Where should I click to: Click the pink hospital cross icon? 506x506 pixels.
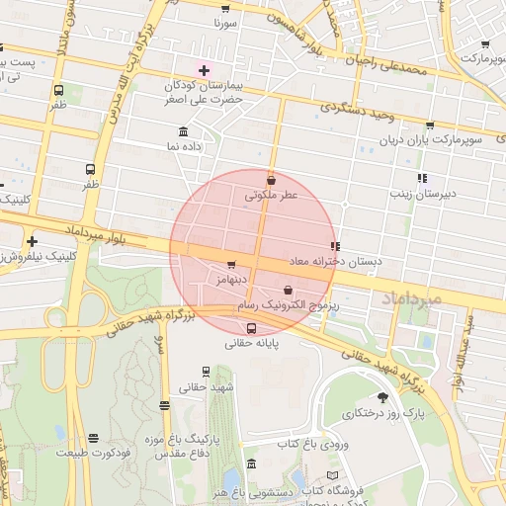click(x=205, y=70)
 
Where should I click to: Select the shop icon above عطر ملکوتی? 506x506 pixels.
click(x=272, y=180)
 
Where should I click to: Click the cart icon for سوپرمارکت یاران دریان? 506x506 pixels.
click(x=429, y=126)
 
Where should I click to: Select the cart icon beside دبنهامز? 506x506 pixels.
click(x=231, y=264)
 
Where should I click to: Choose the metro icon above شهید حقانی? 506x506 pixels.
click(x=206, y=372)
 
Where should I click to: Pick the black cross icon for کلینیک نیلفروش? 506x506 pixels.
click(x=33, y=241)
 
